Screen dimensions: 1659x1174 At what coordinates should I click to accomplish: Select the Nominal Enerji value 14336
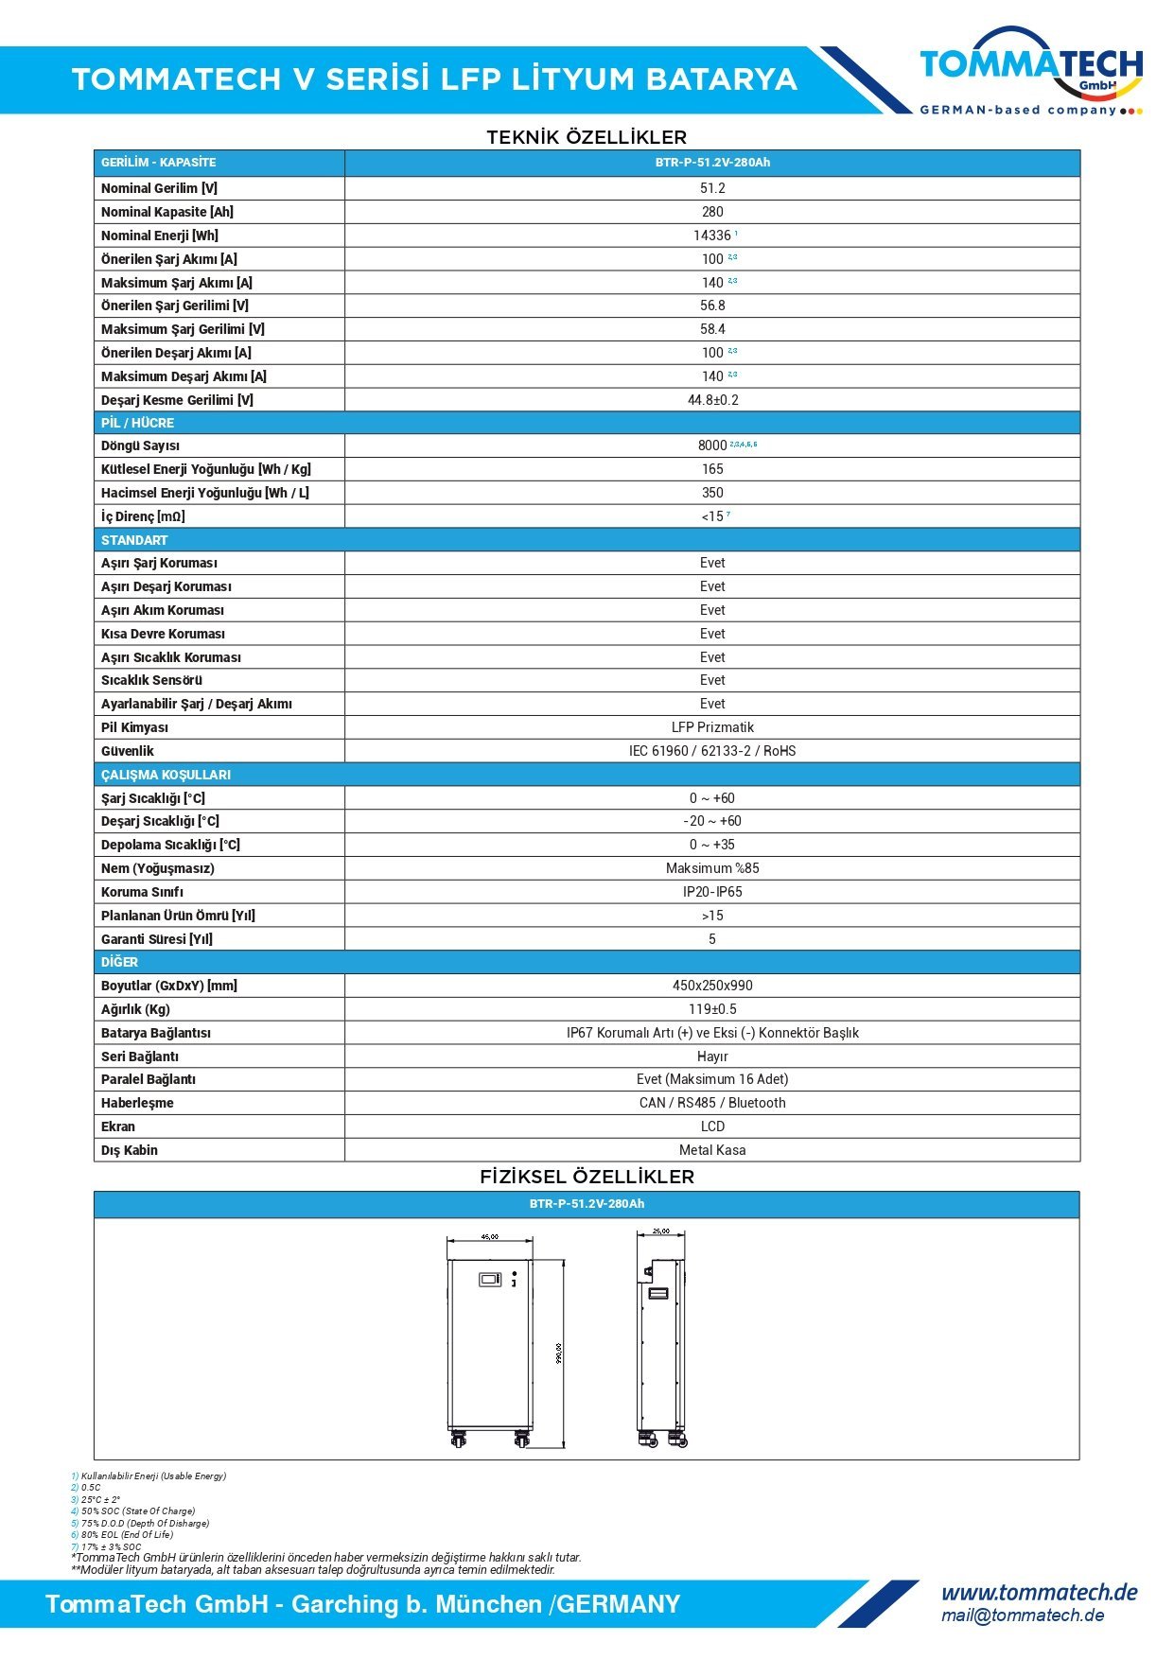click(x=711, y=236)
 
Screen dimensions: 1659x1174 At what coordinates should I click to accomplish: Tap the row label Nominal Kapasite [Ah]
click(x=167, y=212)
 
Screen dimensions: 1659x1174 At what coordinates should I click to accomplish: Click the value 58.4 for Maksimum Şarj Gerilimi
click(x=712, y=329)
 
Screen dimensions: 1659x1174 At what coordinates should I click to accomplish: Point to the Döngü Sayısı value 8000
click(x=712, y=445)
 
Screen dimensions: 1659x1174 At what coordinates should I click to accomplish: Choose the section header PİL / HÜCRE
click(x=138, y=423)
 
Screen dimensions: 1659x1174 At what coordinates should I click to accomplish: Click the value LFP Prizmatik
click(x=712, y=727)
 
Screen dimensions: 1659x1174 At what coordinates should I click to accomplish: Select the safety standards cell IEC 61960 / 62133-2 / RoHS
click(x=712, y=751)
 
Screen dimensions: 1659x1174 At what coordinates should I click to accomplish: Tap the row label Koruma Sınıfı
click(x=143, y=892)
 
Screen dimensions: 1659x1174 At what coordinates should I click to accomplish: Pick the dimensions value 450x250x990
click(x=712, y=986)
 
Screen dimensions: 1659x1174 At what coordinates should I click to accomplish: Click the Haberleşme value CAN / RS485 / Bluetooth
click(x=712, y=1103)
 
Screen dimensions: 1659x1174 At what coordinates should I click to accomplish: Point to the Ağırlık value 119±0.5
click(x=712, y=1009)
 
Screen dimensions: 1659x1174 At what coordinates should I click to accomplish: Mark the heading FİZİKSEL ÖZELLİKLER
click(x=587, y=1177)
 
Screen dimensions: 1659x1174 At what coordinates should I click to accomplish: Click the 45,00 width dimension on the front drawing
click(x=490, y=1236)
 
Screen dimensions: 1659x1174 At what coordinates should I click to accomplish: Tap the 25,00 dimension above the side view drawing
click(x=661, y=1231)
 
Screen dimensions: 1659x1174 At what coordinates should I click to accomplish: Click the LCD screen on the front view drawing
click(x=490, y=1280)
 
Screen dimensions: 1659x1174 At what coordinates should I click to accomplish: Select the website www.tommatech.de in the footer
click(x=1039, y=1592)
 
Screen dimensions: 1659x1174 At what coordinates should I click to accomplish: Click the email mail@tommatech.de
click(x=1023, y=1615)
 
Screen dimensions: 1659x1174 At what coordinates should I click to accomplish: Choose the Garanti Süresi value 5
click(x=712, y=939)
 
